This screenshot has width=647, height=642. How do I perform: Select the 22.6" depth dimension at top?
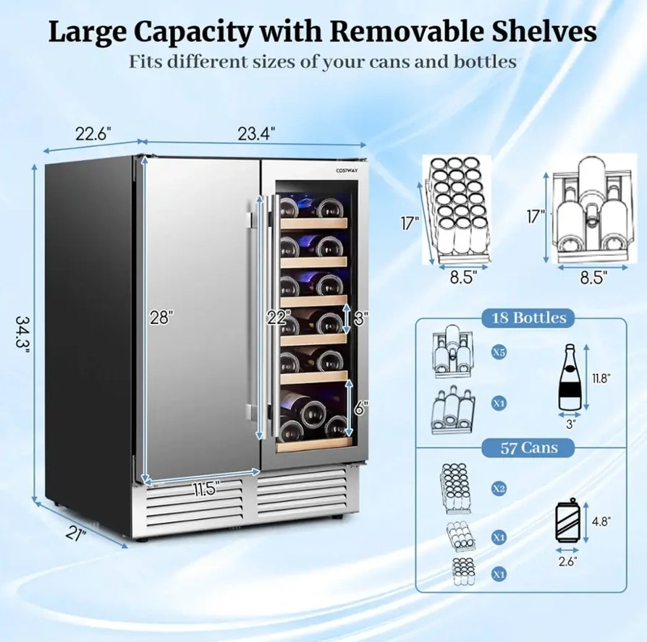point(93,134)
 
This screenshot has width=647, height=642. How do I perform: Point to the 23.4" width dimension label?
point(256,134)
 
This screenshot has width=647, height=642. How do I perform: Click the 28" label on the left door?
point(161,317)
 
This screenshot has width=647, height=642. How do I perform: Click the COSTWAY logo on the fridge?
point(347,171)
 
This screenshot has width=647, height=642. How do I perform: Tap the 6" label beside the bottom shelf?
point(360,408)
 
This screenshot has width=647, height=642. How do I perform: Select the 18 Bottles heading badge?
point(529,318)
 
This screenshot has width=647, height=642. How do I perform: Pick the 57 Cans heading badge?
point(528,448)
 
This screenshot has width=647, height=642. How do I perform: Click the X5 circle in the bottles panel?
point(499,353)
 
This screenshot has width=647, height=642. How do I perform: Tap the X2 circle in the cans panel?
point(499,489)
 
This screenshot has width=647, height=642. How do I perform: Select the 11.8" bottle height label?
point(601,378)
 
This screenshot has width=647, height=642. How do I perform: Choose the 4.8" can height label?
point(601,521)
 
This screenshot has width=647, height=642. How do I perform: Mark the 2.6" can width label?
point(568,561)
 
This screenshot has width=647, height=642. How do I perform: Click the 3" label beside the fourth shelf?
point(360,318)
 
